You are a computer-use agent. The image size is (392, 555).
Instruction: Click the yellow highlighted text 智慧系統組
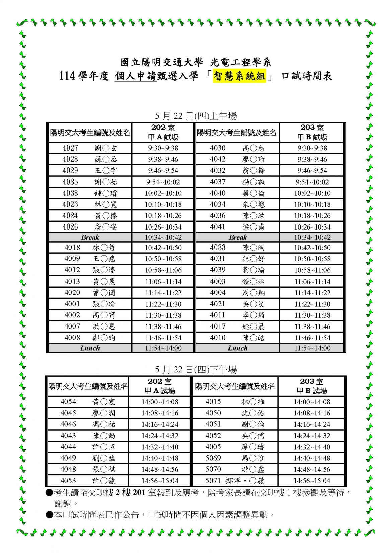coord(239,76)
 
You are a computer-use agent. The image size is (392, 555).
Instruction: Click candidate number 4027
coord(70,148)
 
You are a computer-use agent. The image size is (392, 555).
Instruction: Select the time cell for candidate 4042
coord(312,159)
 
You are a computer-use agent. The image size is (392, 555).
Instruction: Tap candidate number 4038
coord(70,193)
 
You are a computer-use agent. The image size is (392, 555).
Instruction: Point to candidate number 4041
coord(218,227)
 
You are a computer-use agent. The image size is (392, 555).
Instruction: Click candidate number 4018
coord(72,248)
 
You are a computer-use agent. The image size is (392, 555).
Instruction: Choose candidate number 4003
coord(218,282)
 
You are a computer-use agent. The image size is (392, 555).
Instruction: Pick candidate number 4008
coord(72,338)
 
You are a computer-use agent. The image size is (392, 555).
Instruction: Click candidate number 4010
coord(218,338)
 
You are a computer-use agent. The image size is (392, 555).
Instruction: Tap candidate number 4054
coord(68,402)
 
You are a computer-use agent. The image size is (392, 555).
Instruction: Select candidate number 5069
coord(213,458)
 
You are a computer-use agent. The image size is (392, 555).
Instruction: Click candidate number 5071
coord(213,481)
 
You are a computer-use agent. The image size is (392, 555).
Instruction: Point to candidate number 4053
coord(68,481)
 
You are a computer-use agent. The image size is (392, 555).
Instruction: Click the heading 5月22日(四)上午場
coord(196,116)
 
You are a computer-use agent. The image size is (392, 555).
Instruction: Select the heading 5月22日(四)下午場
coord(196,370)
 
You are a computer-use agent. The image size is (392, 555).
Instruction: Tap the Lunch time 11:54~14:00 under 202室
coord(163,348)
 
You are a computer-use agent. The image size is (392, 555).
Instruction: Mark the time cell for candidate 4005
coord(312,447)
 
